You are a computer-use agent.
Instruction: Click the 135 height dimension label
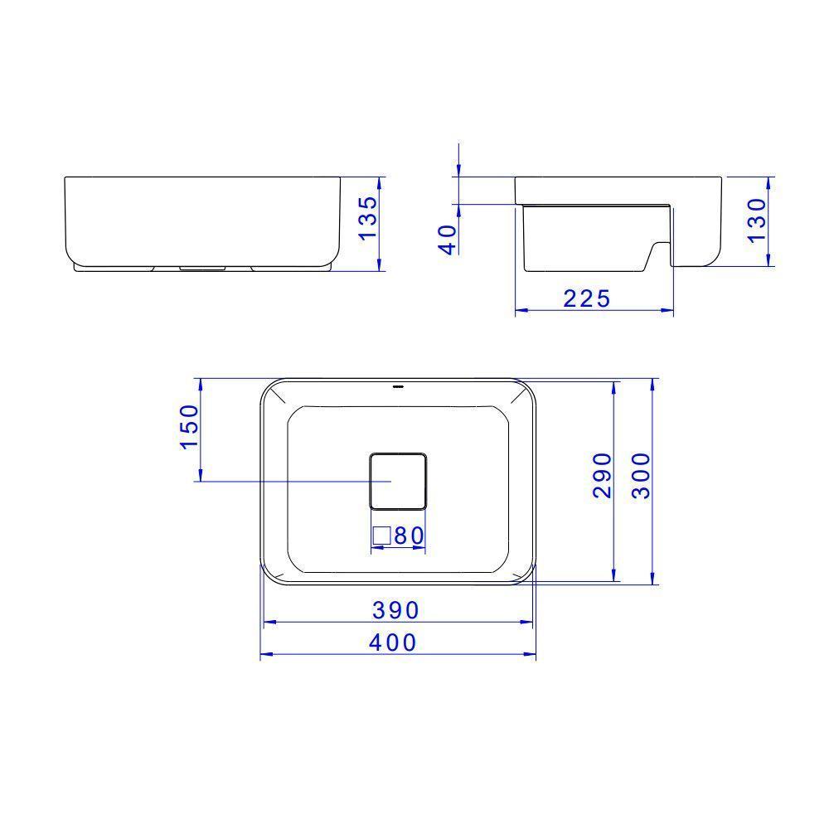(x=367, y=217)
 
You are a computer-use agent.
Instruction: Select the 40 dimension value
(x=448, y=240)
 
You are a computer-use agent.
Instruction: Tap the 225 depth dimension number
(x=587, y=298)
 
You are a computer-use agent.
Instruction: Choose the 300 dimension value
(x=642, y=475)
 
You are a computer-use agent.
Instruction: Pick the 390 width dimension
(x=395, y=610)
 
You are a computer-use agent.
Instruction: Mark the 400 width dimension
(x=395, y=642)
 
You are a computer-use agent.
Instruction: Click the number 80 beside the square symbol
(x=409, y=536)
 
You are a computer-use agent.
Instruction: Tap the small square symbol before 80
(x=382, y=536)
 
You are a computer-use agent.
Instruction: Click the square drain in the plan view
(x=397, y=481)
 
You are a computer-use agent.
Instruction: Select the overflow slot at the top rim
(x=398, y=385)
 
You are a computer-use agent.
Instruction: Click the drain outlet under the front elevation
(x=202, y=269)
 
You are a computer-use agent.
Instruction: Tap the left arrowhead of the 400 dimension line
(x=265, y=655)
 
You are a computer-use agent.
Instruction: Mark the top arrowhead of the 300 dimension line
(x=653, y=384)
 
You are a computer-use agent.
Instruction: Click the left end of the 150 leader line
(x=197, y=481)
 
